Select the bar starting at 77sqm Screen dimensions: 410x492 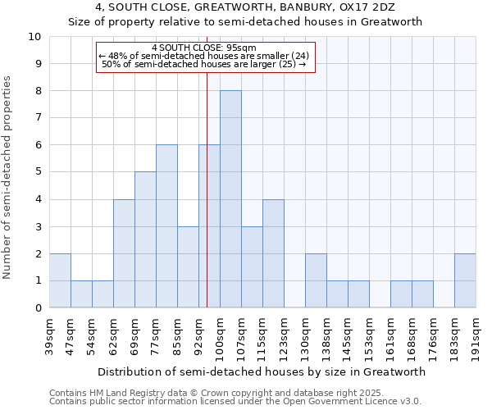166,226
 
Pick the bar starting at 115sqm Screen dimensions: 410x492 273,253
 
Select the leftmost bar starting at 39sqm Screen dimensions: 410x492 60,280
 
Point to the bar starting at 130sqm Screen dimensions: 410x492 316,280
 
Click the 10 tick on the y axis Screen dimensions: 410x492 34,37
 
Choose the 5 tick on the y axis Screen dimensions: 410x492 38,172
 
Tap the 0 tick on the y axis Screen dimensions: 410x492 38,308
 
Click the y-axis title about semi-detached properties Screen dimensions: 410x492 8,177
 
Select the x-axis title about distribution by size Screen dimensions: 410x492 262,371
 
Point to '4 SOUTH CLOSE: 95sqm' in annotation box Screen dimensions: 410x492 205,48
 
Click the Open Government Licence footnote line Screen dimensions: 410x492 235,401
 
